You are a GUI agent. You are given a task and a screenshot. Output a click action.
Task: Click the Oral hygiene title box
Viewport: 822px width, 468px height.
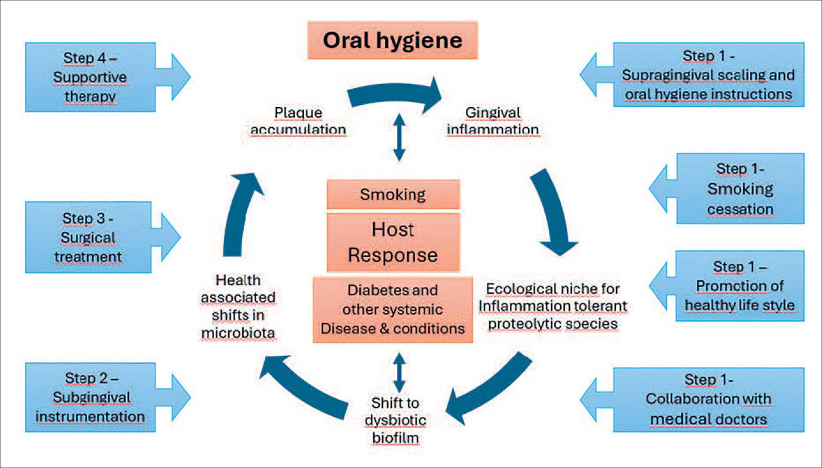pos(393,40)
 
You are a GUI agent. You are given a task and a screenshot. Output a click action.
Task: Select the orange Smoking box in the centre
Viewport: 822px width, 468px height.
pos(393,194)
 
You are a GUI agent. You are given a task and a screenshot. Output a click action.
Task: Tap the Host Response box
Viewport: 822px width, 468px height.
pos(393,242)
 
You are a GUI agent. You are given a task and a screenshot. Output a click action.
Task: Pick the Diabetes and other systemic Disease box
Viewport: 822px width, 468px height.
pos(393,309)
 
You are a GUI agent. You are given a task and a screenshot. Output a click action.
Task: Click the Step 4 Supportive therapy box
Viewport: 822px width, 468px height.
pos(91,77)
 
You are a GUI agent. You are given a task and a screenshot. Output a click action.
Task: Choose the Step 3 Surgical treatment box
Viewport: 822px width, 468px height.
pos(89,237)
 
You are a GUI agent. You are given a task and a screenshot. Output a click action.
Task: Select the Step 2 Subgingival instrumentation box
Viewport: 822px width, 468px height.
pos(91,397)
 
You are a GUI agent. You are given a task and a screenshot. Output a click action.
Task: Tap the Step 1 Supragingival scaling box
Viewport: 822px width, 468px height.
pos(708,75)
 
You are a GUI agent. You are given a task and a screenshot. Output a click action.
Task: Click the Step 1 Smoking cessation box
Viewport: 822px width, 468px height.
pos(740,188)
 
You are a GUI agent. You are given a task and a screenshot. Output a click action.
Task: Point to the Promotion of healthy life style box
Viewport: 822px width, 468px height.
pos(739,286)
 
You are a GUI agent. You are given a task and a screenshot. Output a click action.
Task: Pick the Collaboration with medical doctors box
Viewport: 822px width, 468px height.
pos(708,400)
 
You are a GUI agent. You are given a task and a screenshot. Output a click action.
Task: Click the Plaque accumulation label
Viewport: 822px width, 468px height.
pos(298,121)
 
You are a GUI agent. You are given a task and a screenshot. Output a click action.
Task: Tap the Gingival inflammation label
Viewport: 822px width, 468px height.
pos(493,121)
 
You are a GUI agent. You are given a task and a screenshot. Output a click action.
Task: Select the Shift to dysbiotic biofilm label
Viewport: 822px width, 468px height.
pos(395,420)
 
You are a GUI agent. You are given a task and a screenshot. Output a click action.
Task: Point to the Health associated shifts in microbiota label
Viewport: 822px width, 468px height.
pos(238,306)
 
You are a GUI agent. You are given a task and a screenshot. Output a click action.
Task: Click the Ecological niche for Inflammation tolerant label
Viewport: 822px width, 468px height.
pos(553,306)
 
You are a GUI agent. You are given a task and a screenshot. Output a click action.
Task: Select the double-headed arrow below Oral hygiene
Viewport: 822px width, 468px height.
pos(399,137)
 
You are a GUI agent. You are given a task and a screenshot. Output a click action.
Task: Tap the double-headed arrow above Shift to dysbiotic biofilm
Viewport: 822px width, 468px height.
pos(399,372)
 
